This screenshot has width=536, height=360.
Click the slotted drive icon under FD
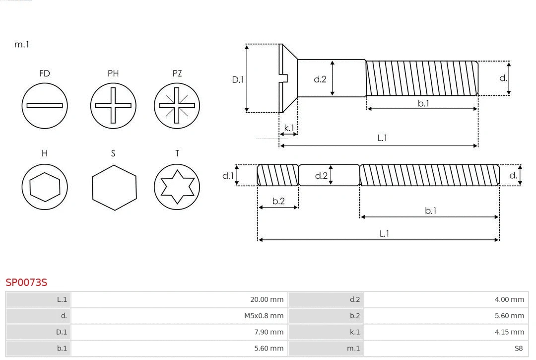pos(45,105)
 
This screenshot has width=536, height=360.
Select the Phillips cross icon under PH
pos(113,105)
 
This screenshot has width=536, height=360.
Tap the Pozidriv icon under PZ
pos(177,105)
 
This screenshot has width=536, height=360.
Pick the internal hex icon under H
pos(45,187)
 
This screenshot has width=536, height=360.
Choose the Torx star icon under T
pos(177,187)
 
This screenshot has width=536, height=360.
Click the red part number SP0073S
pos(26,283)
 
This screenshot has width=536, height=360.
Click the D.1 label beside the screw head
pos(238,79)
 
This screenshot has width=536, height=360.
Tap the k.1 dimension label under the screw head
pos(289,128)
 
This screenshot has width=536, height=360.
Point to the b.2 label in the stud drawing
pos(278,201)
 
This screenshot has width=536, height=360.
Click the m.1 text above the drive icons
pos(22,45)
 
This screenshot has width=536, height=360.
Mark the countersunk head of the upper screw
pos(288,78)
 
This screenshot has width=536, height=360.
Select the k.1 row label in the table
pos(354,332)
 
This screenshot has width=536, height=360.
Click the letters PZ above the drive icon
pos(177,73)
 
